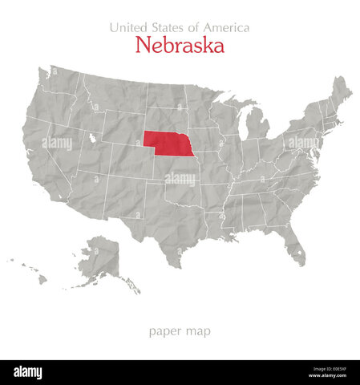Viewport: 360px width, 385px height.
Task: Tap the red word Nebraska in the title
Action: click(180, 46)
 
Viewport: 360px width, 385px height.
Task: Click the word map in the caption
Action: click(199, 330)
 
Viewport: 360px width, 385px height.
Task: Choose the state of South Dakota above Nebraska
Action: click(164, 117)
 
